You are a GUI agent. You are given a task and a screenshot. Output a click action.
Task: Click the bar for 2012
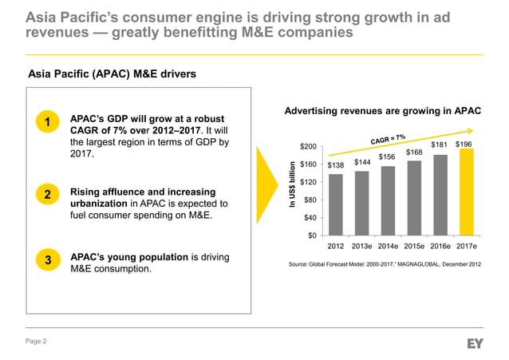[336, 204]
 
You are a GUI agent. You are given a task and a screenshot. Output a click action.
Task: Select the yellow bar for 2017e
[466, 192]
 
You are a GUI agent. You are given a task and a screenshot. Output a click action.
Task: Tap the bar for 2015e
[414, 197]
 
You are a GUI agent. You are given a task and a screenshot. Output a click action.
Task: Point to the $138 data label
[336, 165]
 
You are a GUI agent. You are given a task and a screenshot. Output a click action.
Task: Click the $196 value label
[464, 144]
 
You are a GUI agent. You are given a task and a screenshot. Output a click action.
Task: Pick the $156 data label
[388, 156]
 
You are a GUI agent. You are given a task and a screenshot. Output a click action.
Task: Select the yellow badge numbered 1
[48, 122]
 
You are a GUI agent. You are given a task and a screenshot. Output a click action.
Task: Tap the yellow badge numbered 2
[48, 195]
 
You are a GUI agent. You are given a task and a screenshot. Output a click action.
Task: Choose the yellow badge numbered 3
[48, 260]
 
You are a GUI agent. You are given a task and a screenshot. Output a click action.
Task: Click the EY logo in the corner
[475, 342]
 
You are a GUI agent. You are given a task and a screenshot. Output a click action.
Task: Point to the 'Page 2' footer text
[37, 342]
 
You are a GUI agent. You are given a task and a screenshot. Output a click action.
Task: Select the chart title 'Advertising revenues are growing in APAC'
[382, 111]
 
